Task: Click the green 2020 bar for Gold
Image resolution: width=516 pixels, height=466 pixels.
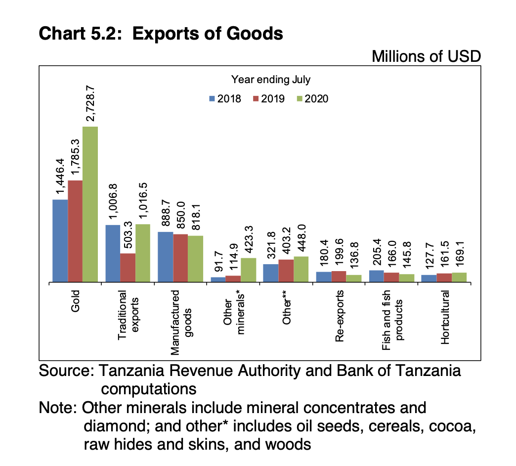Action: [x=90, y=204]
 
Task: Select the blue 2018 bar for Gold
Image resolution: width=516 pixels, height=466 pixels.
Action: [x=60, y=241]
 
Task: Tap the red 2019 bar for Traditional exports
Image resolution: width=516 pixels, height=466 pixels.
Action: [x=128, y=268]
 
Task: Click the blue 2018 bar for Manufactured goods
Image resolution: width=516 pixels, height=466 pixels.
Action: [x=165, y=257]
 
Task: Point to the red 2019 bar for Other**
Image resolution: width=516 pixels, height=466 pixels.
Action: [x=286, y=271]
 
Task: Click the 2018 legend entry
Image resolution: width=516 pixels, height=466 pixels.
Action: [x=225, y=98]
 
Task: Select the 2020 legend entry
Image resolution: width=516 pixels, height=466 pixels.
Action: [x=312, y=98]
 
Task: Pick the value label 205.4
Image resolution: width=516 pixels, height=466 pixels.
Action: [x=377, y=250]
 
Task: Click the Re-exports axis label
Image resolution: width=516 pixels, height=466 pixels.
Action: [x=339, y=316]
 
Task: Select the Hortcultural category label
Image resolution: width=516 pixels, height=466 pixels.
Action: [x=445, y=317]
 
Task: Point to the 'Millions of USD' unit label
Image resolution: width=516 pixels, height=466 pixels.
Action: [x=426, y=56]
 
